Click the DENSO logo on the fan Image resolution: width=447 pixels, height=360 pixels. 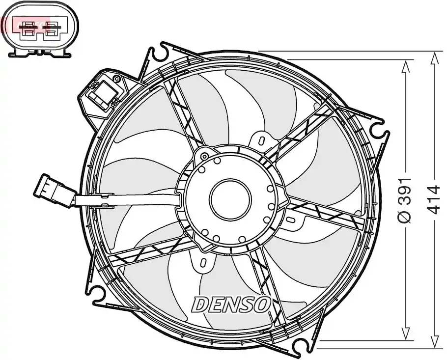click(231, 304)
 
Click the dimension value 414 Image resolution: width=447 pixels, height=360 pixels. click(434, 199)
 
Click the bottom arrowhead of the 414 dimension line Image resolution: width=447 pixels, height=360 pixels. click(434, 341)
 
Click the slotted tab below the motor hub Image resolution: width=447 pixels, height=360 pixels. click(203, 262)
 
